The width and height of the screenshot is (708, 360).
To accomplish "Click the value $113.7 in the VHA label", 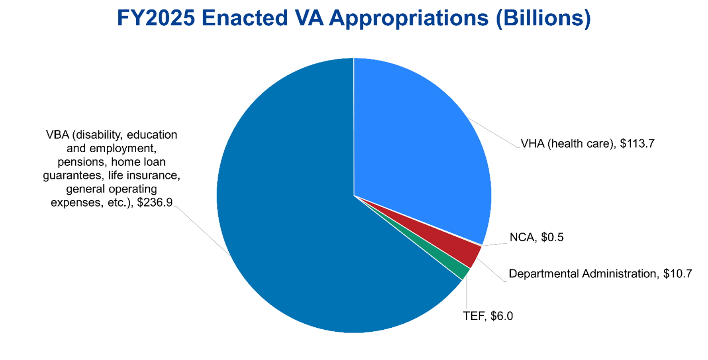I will (637, 144).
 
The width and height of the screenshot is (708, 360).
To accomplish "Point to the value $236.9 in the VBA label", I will (155, 203).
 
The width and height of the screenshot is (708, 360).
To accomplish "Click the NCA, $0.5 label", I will (536, 237).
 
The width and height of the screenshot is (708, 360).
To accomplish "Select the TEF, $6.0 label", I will (488, 316).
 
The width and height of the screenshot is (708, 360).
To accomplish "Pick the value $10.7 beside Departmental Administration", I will (677, 273).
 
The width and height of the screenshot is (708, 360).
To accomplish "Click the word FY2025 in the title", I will (156, 18).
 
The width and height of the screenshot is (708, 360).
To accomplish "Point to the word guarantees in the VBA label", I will (72, 175).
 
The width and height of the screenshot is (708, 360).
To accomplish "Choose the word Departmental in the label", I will (543, 273).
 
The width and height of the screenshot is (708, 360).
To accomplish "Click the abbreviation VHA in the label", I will (532, 144).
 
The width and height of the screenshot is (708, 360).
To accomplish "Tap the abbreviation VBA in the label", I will (57, 135).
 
